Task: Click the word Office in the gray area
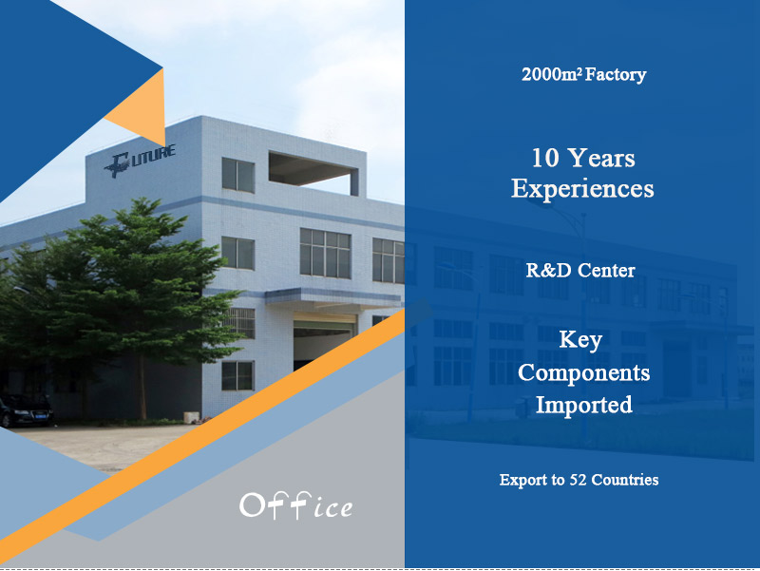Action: coord(296,506)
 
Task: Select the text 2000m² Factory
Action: coord(583,74)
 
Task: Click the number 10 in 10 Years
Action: coord(545,158)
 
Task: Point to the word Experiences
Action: coord(582,188)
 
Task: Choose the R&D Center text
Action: coord(580,271)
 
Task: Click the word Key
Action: coord(580,340)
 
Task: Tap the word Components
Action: coord(583,372)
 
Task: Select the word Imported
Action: coord(583,405)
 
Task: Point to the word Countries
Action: coord(625,480)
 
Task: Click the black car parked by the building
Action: coord(26,410)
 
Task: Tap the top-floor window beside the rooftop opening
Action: coord(238,175)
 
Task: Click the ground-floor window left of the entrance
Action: coord(237,375)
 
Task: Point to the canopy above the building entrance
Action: coord(333,297)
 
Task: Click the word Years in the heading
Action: coord(600,158)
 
